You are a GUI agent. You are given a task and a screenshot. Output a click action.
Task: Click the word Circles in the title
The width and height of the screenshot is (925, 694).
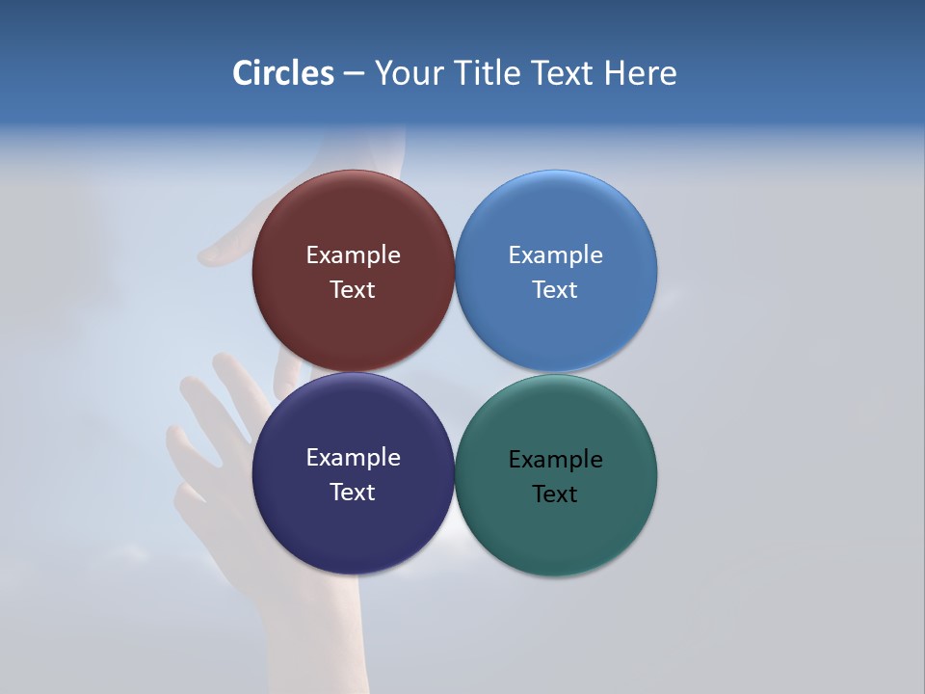(x=283, y=73)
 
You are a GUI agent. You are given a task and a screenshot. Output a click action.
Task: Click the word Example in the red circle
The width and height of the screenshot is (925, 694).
(x=353, y=255)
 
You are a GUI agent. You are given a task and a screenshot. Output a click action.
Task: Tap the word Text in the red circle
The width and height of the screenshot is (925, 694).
(x=353, y=290)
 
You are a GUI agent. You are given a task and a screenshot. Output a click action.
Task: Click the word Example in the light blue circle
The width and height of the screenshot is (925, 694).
(x=555, y=255)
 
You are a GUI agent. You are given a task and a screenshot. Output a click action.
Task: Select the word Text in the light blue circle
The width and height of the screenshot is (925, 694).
(x=555, y=290)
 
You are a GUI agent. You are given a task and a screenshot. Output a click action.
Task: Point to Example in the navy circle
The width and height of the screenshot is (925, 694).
(x=353, y=458)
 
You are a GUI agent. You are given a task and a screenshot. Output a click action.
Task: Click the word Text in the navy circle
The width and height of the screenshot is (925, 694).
(x=353, y=493)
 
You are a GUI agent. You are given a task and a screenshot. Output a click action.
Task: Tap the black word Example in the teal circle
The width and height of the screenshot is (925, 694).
(x=555, y=460)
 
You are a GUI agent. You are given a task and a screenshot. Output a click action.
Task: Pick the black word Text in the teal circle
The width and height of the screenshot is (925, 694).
(x=555, y=494)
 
